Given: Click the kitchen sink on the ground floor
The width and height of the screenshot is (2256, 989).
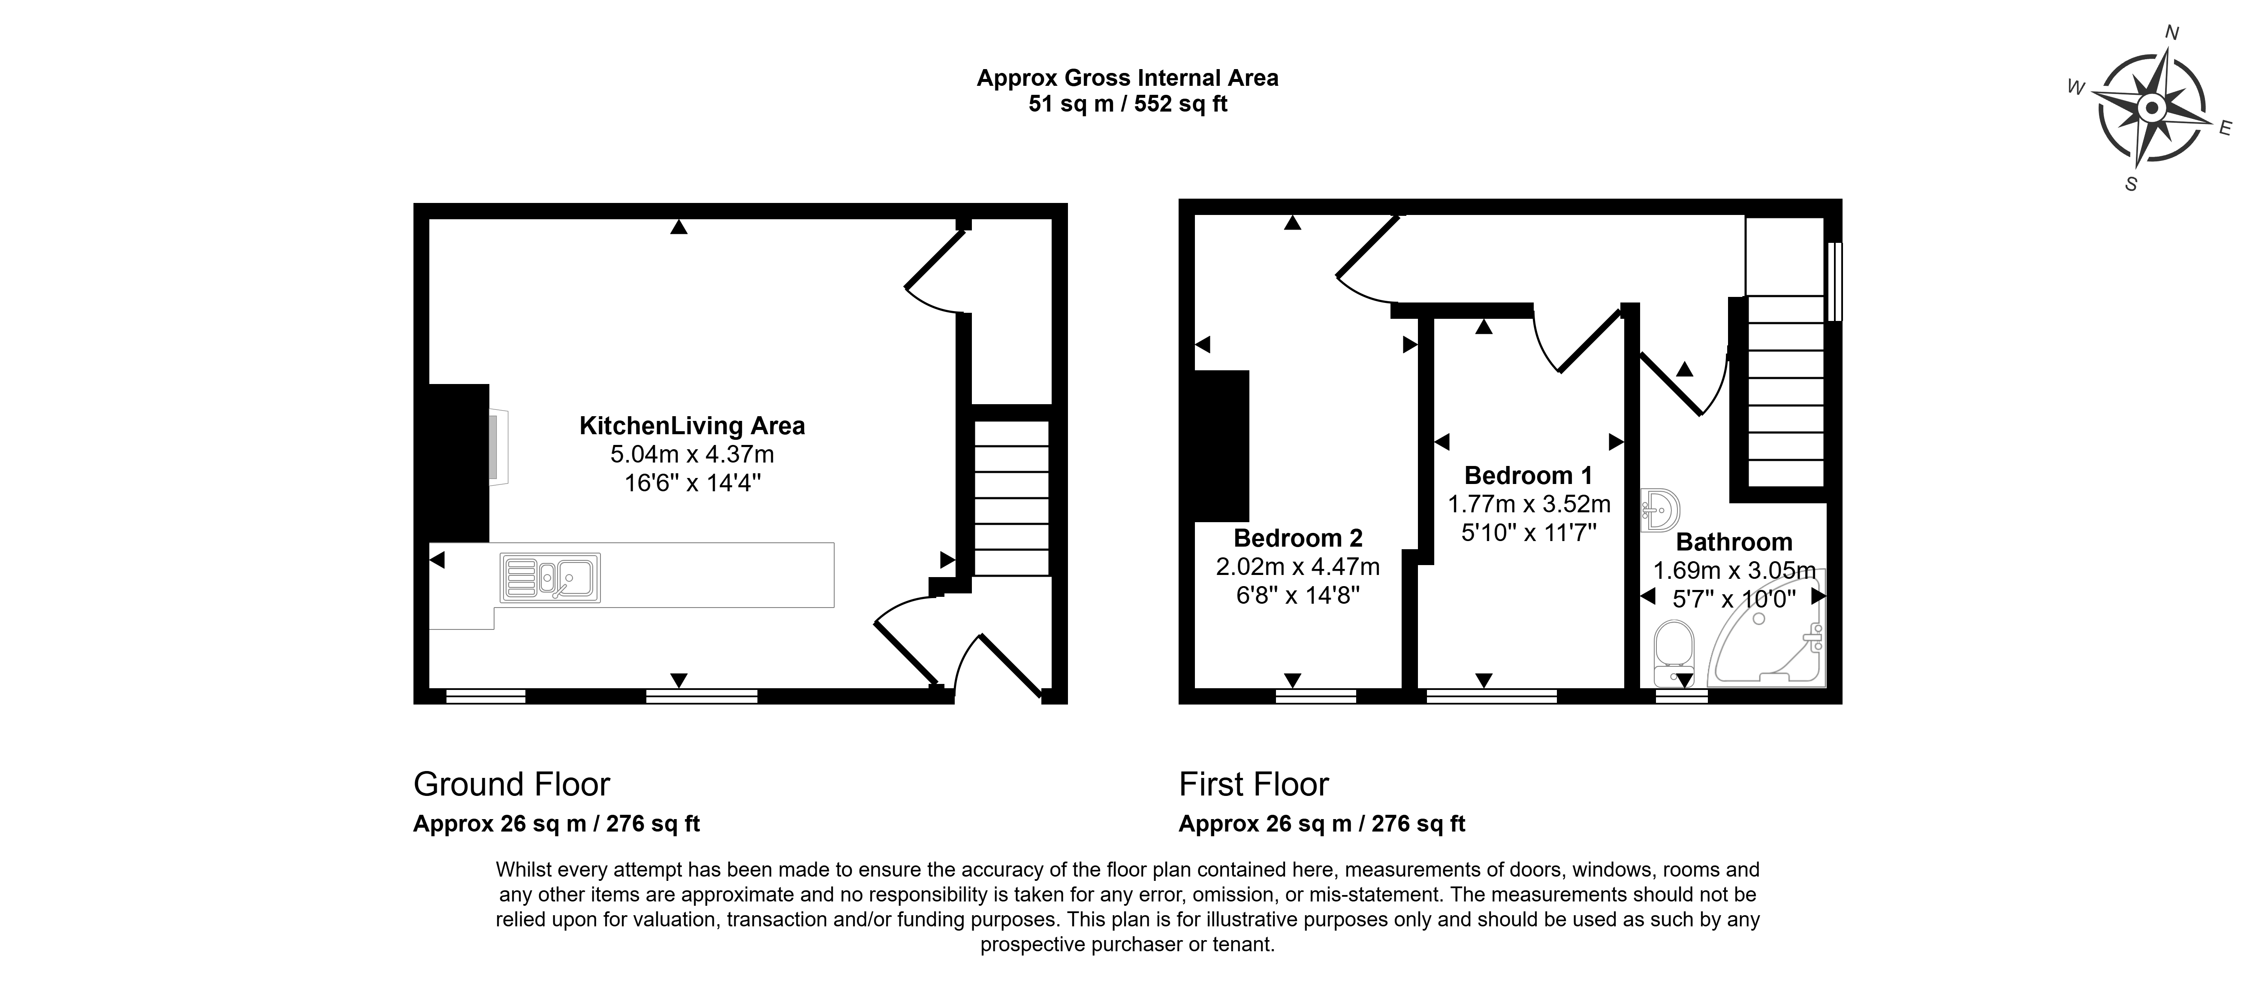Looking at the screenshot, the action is tap(550, 577).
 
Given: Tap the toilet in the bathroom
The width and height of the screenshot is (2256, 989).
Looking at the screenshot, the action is tap(1674, 653).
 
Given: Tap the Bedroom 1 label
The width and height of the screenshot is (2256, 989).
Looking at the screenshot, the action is tap(1528, 476).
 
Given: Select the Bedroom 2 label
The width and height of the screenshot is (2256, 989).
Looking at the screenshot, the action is tap(1298, 538).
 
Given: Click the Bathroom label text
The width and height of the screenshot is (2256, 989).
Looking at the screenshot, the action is tap(1734, 542).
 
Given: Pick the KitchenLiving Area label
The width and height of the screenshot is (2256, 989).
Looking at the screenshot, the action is tap(692, 426).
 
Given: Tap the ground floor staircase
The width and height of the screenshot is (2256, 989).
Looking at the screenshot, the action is tap(1011, 499).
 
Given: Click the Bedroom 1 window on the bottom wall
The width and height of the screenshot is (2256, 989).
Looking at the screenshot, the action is tap(1491, 696).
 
